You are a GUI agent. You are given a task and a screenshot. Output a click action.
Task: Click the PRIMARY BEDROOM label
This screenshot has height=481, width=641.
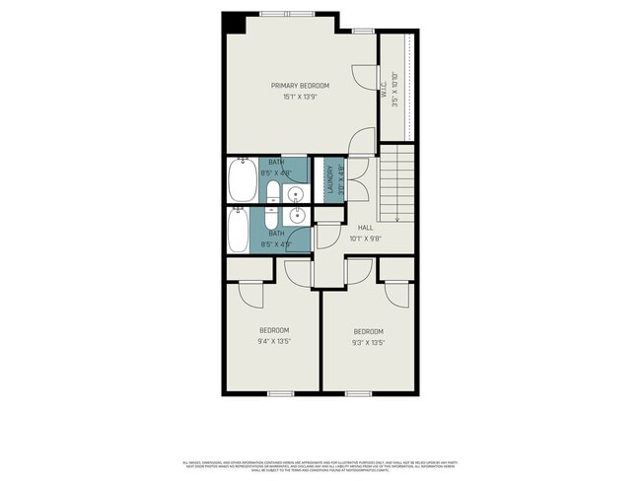pyautogui.click(x=300, y=86)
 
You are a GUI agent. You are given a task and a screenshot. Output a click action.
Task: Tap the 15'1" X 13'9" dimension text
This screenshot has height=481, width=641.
pyautogui.click(x=300, y=97)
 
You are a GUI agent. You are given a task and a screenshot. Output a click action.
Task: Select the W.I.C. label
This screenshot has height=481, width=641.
pyautogui.click(x=384, y=90)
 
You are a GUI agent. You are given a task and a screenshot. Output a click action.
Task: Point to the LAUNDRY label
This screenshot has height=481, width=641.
pyautogui.click(x=330, y=181)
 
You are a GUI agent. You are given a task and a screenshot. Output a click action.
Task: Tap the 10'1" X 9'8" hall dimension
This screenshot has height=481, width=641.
pyautogui.click(x=365, y=239)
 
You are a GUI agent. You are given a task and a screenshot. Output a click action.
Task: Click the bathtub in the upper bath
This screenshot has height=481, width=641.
pyautogui.click(x=241, y=180)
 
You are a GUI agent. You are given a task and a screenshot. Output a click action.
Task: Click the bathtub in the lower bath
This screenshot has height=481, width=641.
pyautogui.click(x=240, y=233)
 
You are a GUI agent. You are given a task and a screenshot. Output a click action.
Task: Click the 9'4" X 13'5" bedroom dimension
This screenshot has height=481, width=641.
pyautogui.click(x=274, y=341)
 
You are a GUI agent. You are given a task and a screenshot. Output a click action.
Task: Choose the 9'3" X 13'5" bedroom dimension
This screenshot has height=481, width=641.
pyautogui.click(x=368, y=342)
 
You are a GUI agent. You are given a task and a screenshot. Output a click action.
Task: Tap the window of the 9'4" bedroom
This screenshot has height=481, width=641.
pyautogui.click(x=281, y=393)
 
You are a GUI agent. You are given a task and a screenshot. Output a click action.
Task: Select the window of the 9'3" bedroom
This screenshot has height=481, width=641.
pyautogui.click(x=359, y=393)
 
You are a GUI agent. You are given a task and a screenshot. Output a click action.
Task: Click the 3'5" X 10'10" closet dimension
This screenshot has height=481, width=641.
pyautogui.click(x=394, y=90)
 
